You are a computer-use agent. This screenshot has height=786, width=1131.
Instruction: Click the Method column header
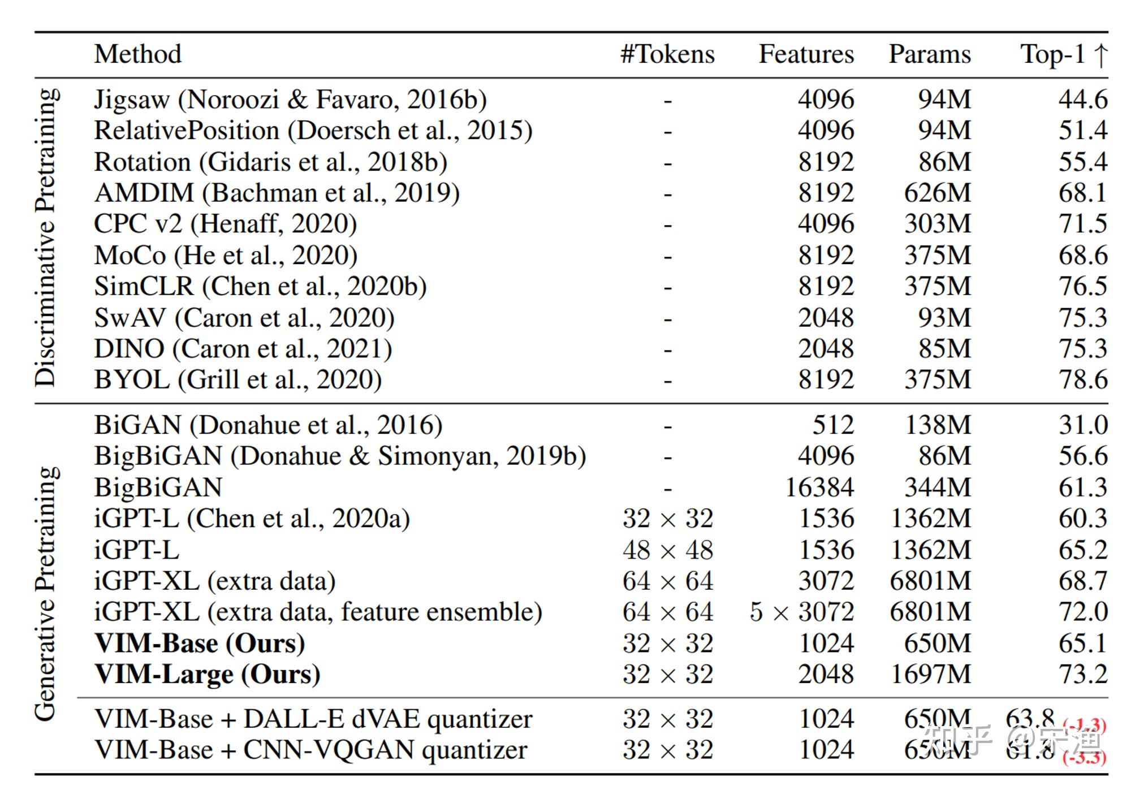[137, 54]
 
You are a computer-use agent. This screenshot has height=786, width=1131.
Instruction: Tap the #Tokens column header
[667, 54]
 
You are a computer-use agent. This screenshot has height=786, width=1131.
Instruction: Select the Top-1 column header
[1063, 54]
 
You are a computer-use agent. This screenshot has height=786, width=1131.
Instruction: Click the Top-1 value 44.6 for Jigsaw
[1082, 100]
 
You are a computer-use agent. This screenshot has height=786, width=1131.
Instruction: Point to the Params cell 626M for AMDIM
[937, 193]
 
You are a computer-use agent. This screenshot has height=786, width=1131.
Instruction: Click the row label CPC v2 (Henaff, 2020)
[225, 224]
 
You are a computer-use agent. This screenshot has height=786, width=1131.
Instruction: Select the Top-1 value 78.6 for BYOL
[1082, 379]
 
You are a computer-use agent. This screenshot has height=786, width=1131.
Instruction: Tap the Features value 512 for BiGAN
[833, 425]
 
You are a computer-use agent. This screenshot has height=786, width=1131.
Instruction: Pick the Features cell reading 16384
[819, 487]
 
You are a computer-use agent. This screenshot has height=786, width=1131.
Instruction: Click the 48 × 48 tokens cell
[668, 550]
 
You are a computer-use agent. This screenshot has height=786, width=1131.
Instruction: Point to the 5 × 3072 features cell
[802, 612]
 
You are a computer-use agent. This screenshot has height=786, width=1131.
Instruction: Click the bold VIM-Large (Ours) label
[208, 675]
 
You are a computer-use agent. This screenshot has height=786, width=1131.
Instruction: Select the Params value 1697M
[931, 675]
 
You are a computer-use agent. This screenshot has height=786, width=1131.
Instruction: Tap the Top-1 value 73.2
[1082, 675]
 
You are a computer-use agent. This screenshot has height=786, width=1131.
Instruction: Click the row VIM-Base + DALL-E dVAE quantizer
[313, 719]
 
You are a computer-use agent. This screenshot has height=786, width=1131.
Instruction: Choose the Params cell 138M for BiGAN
[938, 425]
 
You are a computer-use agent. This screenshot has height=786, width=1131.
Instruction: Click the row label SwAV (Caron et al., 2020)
[244, 318]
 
